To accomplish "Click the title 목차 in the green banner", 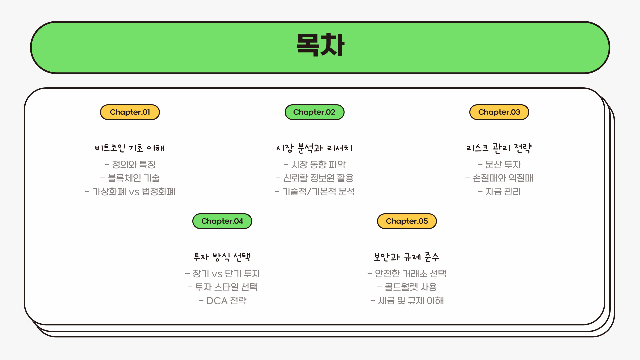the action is click(x=320, y=45).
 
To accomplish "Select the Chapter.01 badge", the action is click(x=130, y=112).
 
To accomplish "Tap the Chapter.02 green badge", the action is click(x=314, y=112).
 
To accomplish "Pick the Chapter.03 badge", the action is click(x=499, y=112).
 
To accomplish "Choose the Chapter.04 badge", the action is click(x=222, y=221).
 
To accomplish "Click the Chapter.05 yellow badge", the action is click(x=407, y=221).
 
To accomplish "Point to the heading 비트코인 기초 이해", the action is click(x=130, y=148).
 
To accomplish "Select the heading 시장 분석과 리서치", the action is click(x=314, y=148).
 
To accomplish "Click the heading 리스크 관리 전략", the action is click(x=499, y=148).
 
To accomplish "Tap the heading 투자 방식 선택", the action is click(x=222, y=257).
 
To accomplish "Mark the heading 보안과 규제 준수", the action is click(x=407, y=257).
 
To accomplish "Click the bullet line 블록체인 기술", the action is click(x=130, y=178).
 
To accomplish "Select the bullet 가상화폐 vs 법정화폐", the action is click(x=130, y=192).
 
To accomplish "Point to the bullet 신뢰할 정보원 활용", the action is click(x=314, y=178).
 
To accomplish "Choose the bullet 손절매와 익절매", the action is click(x=499, y=178).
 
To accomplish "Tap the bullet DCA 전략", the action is click(x=222, y=301).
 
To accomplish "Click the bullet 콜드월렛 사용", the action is click(x=407, y=287).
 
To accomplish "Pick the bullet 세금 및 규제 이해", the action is click(x=407, y=301).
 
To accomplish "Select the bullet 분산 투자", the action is click(x=499, y=164).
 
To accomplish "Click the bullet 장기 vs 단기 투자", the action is click(x=222, y=274).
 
